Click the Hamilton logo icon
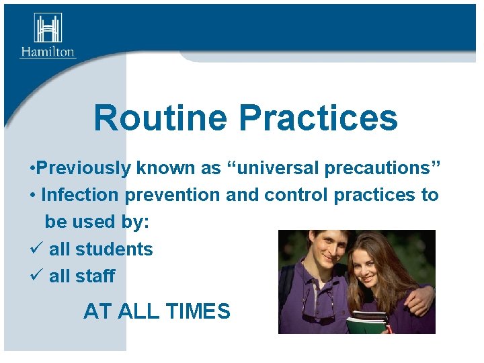(x=48, y=28)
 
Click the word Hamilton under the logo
(x=48, y=52)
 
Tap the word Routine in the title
(x=160, y=118)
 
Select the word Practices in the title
(x=318, y=118)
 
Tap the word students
(x=114, y=249)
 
